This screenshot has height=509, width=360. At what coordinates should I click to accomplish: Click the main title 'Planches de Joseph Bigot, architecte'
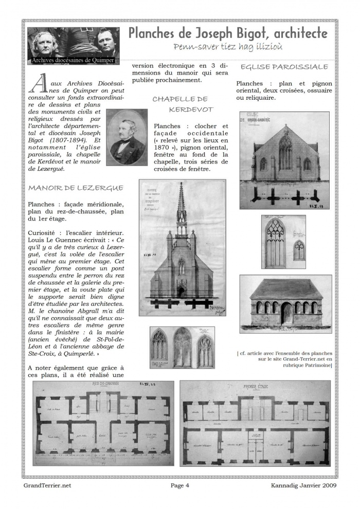tap(228, 34)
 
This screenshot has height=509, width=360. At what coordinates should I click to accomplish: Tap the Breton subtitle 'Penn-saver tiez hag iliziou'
tap(228, 47)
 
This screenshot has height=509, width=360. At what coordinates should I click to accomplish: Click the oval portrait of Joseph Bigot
tap(125, 137)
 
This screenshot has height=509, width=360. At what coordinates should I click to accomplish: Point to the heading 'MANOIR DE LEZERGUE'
tap(76, 188)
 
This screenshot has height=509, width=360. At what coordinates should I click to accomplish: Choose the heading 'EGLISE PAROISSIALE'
tap(284, 67)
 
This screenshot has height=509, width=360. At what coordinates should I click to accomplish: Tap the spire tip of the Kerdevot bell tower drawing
tap(182, 184)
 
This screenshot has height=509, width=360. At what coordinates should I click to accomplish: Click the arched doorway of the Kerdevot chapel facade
tap(181, 292)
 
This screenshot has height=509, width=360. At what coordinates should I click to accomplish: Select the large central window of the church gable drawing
tap(285, 153)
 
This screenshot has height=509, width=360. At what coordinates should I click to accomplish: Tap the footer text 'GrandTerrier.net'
tap(47, 485)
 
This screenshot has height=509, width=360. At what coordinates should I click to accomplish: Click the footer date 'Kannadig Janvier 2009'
tap(303, 485)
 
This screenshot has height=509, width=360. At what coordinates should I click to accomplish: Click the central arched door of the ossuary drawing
tap(286, 313)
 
